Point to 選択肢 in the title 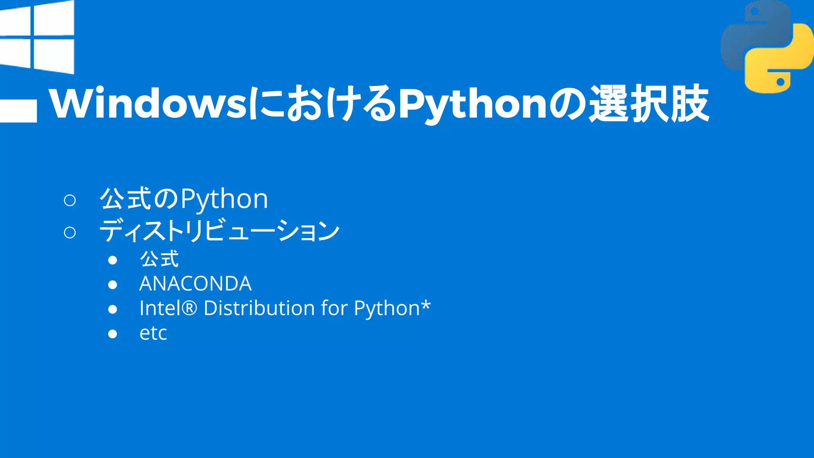point(649,104)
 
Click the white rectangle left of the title point(18,111)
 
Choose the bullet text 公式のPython point(184,199)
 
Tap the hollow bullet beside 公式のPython point(70,200)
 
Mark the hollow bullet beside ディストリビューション point(70,232)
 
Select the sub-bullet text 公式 point(159,259)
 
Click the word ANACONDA point(195,284)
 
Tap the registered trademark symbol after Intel point(190,309)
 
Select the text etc point(153,333)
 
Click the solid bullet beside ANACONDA point(112,285)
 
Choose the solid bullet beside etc point(112,334)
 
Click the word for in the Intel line point(334,308)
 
